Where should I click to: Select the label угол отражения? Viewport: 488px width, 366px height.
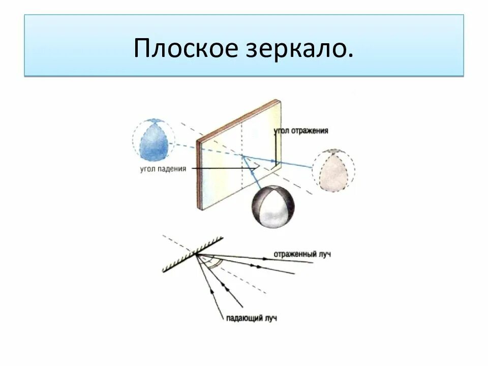(x=301, y=131)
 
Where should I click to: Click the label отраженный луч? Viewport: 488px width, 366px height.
(x=302, y=254)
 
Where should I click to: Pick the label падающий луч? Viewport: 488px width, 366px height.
(x=252, y=319)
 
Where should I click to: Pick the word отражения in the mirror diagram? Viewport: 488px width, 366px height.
(x=311, y=131)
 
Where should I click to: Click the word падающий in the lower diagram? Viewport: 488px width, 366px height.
(x=243, y=319)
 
